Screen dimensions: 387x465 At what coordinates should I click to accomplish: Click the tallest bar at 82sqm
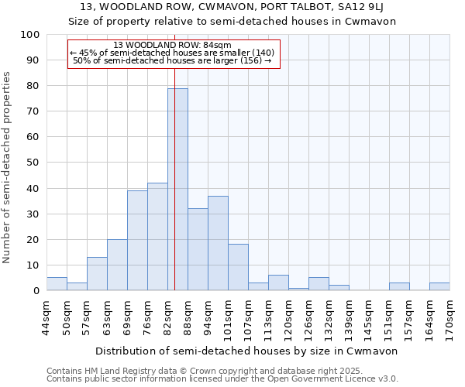click(x=177, y=190)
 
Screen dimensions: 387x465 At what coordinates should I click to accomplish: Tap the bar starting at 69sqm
click(x=137, y=241)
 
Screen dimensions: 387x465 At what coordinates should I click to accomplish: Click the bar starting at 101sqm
click(x=238, y=268)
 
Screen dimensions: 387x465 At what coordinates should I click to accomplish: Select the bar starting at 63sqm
click(x=117, y=265)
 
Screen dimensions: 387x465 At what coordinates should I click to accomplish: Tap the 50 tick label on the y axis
click(x=33, y=163)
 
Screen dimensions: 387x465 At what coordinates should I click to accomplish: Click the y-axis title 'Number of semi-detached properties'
click(x=7, y=167)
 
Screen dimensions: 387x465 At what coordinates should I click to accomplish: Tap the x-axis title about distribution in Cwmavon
click(x=248, y=351)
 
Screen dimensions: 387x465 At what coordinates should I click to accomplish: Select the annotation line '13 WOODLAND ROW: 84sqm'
click(x=172, y=46)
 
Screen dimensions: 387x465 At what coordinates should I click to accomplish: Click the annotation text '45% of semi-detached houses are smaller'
click(x=172, y=53)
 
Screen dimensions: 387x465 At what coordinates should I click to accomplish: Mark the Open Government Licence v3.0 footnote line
click(x=222, y=379)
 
